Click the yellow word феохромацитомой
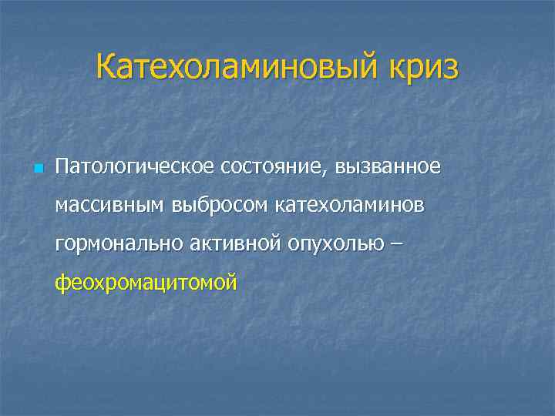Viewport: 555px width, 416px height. [146, 283]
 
